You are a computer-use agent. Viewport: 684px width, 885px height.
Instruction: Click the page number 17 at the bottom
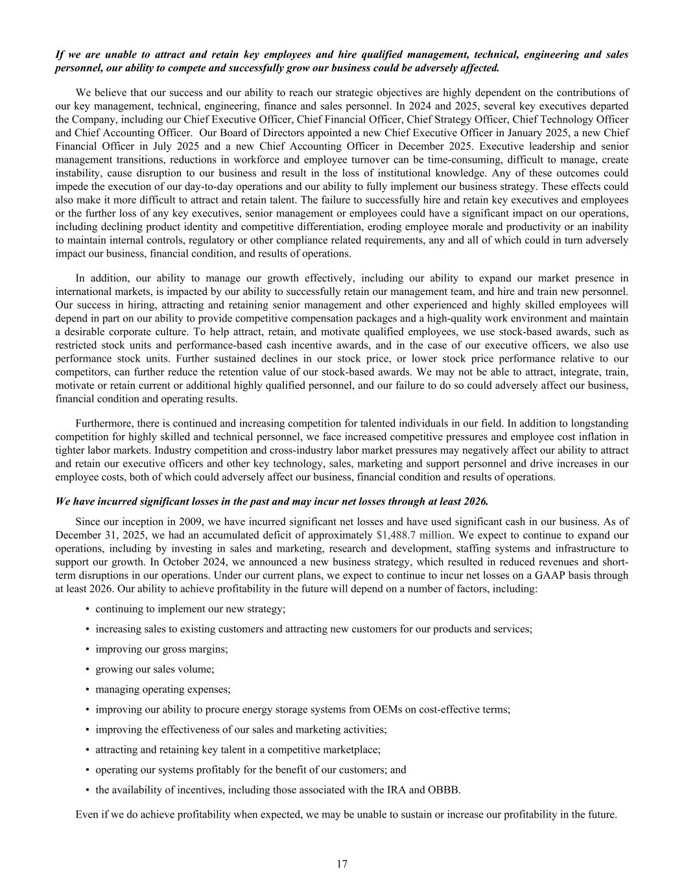pyautogui.click(x=342, y=864)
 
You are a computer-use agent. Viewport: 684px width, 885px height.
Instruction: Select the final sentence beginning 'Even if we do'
pyautogui.click(x=346, y=814)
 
